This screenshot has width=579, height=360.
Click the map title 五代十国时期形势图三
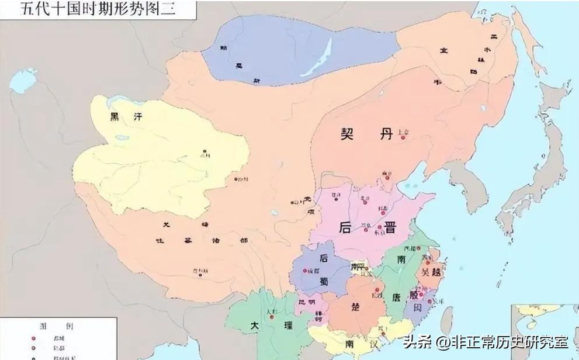[x=98, y=10]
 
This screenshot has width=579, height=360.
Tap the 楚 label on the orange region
[x=356, y=307]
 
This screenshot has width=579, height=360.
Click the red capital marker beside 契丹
[x=403, y=137]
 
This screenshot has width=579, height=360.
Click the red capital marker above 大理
[x=272, y=317]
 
